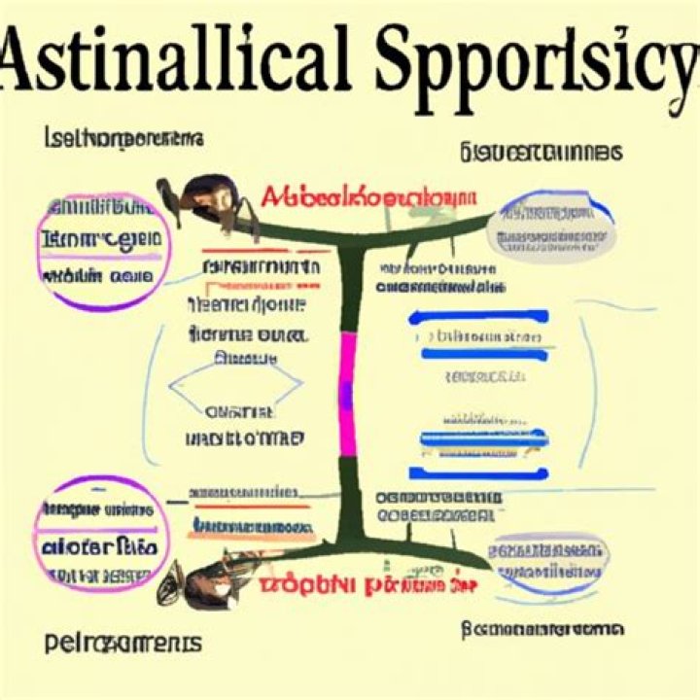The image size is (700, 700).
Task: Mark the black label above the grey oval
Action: [541, 152]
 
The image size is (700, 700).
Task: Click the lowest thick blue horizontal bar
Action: [477, 472]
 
